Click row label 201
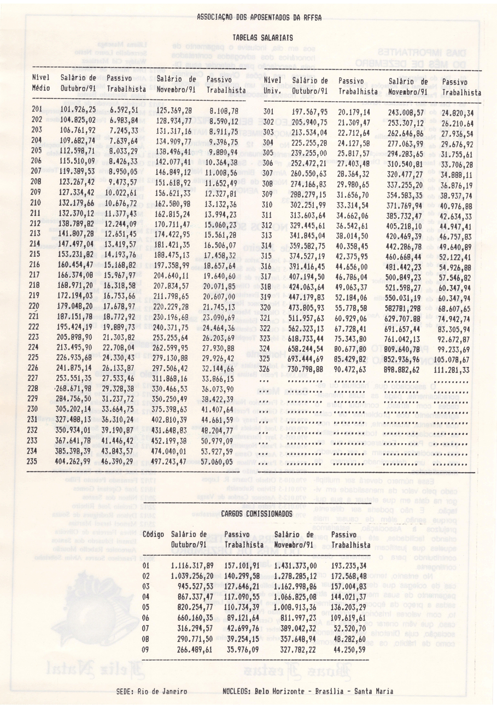(37, 110)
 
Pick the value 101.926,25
(78, 110)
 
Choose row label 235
(37, 461)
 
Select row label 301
(268, 112)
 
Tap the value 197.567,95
(309, 112)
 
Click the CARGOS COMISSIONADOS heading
(255, 514)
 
